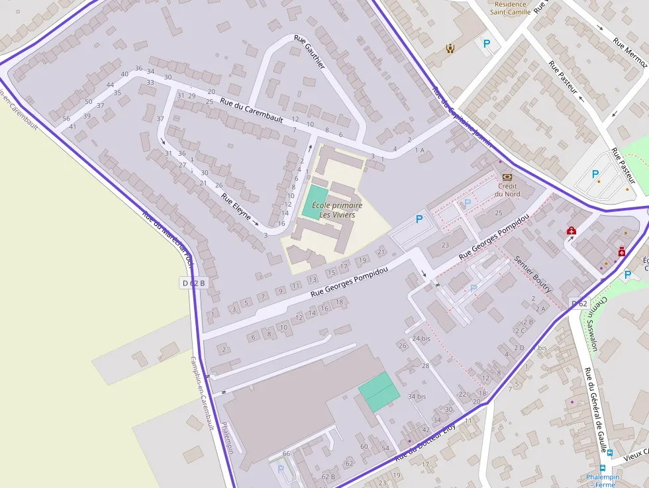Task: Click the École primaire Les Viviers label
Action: (x=337, y=210)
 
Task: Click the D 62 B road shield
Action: (x=193, y=283)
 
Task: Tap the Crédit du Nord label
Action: (x=508, y=190)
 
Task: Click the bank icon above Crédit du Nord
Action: (x=507, y=177)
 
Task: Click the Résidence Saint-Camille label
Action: (x=510, y=7)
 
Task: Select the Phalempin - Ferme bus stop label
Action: (x=603, y=480)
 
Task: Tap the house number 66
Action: (x=286, y=453)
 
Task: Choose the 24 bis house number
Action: (x=421, y=338)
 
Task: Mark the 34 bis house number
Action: (x=417, y=396)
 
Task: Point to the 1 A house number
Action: (x=419, y=150)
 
